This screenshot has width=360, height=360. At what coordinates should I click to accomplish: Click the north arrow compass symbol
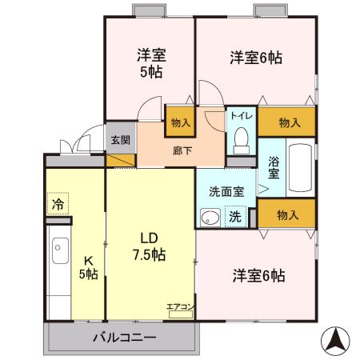tap(336, 342)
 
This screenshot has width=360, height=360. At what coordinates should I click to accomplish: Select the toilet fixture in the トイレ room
tap(240, 139)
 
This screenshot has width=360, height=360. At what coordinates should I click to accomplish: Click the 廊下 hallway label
tap(182, 148)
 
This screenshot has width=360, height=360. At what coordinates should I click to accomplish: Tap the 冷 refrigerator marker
tap(58, 205)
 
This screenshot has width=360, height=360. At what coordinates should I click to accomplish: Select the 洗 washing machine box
tap(235, 215)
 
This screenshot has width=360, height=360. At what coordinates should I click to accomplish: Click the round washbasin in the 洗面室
tap(210, 217)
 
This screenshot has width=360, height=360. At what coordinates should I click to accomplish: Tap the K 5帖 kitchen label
tap(89, 269)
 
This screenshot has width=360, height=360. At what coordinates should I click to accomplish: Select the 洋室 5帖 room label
tap(150, 64)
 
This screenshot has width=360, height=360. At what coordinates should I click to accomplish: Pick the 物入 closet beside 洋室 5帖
tap(181, 122)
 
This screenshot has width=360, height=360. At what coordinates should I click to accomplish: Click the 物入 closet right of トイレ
tap(289, 122)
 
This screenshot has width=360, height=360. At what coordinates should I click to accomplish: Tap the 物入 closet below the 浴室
tap(288, 214)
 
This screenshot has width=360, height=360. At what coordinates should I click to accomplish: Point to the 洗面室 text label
tap(226, 191)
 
